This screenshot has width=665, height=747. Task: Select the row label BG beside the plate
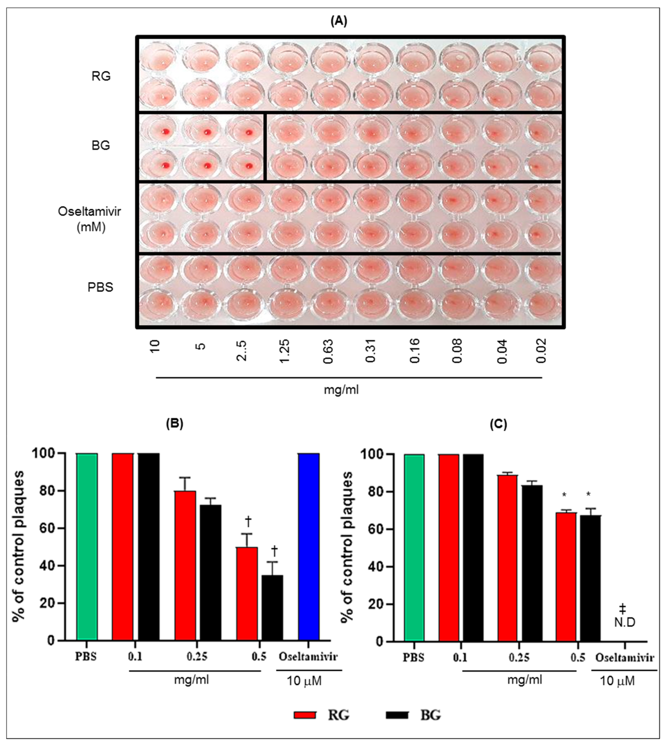pyautogui.click(x=100, y=145)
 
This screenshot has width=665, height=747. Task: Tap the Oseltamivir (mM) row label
pyautogui.click(x=90, y=219)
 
